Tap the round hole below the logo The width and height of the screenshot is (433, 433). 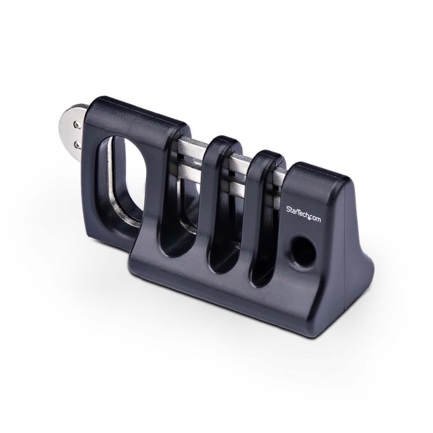click(303, 252)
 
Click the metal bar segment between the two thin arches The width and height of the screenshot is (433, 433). click(239, 169)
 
